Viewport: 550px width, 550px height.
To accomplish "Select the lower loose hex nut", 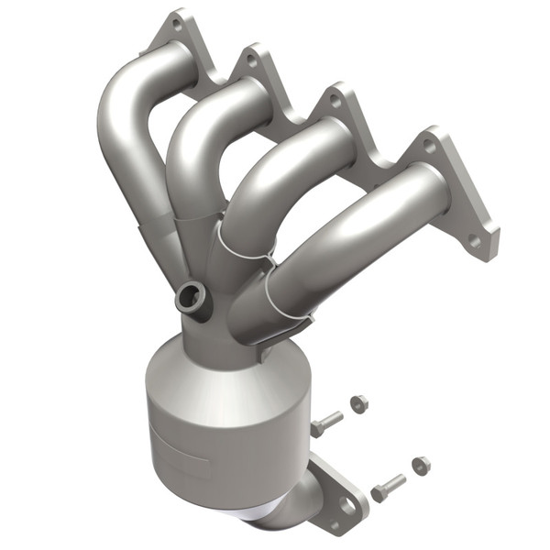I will click(x=421, y=465).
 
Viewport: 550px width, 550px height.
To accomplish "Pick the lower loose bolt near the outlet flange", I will click(x=388, y=483).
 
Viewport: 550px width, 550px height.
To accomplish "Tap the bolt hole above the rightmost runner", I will click(x=428, y=145).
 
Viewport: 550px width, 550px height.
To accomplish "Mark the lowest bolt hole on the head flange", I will click(x=474, y=240).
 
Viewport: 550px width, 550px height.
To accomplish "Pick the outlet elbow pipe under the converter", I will click(x=284, y=513).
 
